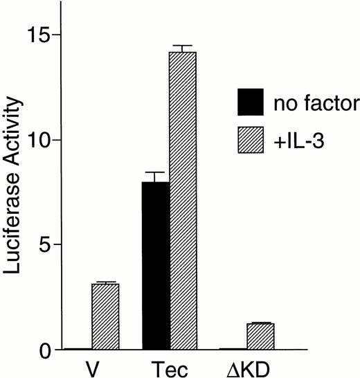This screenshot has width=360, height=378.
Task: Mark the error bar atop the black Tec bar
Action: pos(156,177)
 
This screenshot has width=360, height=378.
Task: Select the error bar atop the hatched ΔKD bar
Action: pos(261,323)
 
